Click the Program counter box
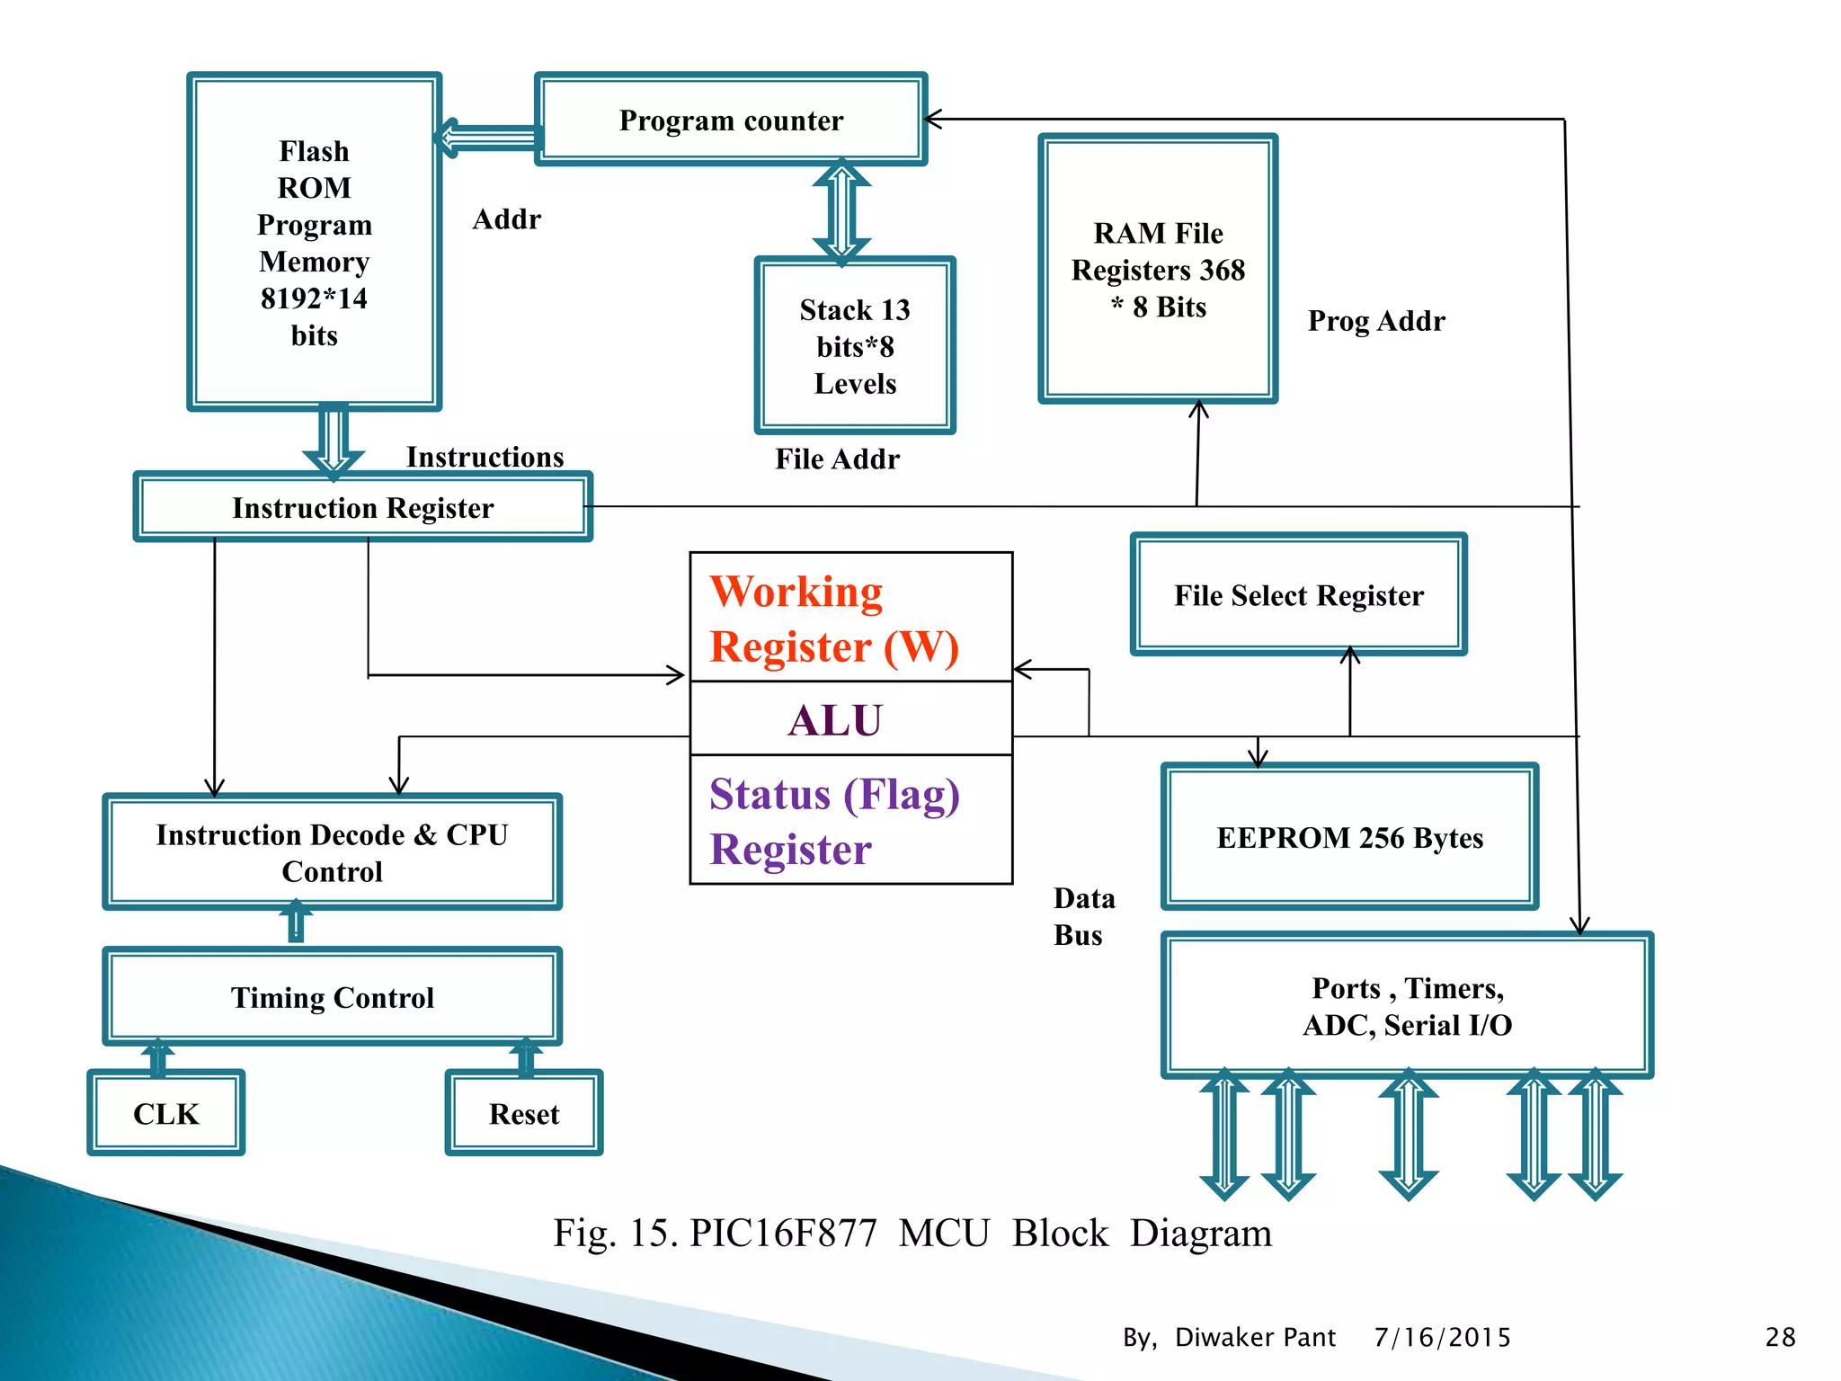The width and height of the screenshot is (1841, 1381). point(730,120)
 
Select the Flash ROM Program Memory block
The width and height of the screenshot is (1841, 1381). point(314,242)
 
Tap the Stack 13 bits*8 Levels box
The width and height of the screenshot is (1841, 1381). point(854,346)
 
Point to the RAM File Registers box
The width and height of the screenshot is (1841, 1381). point(1157,269)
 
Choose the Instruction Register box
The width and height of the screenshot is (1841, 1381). point(362,508)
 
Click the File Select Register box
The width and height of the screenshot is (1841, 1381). point(1298,595)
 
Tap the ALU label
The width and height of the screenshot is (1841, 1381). point(835,720)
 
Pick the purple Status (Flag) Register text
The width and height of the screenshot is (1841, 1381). point(833,821)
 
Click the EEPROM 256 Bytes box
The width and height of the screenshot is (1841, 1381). point(1348,837)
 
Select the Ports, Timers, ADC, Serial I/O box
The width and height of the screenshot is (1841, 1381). point(1407,1005)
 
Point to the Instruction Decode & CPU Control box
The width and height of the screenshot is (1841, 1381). point(332,852)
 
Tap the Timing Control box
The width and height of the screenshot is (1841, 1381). point(332,997)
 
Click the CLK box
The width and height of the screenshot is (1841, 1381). point(165,1113)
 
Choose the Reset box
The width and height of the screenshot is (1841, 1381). point(523,1113)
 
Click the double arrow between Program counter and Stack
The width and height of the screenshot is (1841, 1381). point(841,212)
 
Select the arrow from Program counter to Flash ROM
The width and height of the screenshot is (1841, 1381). point(488,138)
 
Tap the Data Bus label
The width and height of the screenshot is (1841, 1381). point(1083,916)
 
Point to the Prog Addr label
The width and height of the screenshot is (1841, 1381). point(1375,321)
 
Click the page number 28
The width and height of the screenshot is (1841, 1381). point(1779,1337)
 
